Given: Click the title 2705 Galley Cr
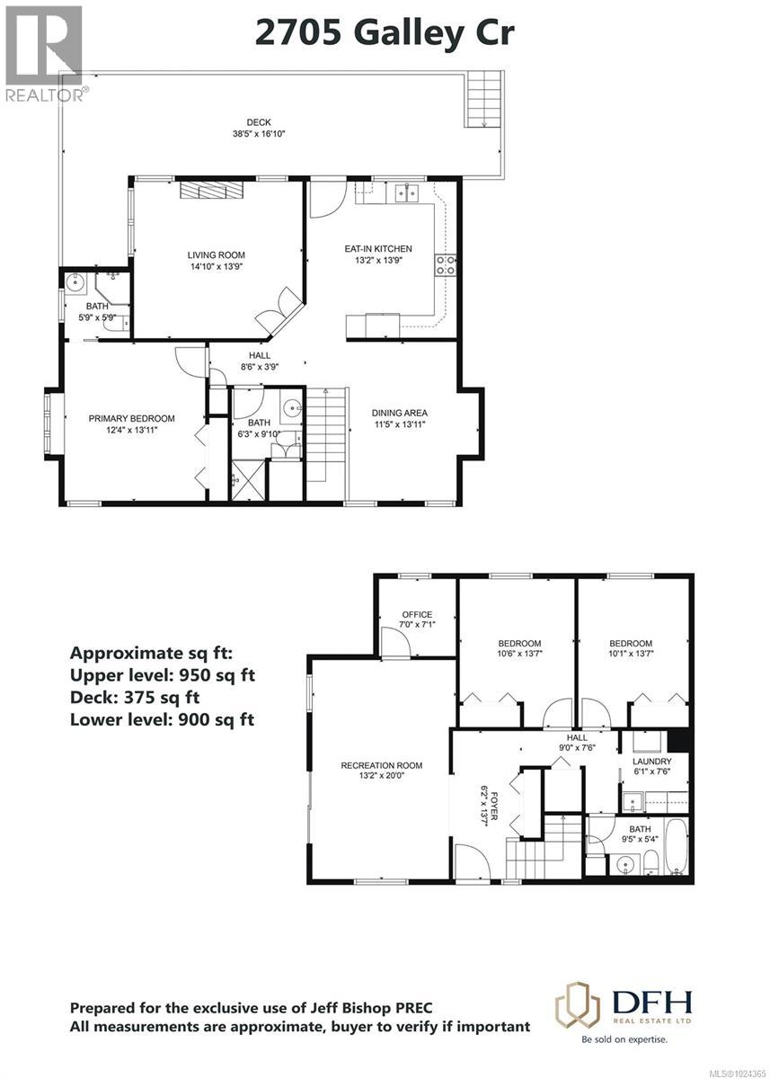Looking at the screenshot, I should tap(385, 32).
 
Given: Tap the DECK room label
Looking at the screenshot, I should tap(259, 123).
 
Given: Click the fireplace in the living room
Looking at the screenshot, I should tap(210, 190).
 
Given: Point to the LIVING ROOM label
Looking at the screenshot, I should tap(216, 255).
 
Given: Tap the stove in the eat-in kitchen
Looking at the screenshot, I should tap(446, 264).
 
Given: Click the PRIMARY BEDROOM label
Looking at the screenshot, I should tap(131, 418).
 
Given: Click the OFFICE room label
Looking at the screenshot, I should tap(417, 615).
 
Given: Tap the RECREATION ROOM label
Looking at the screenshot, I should tap(381, 766).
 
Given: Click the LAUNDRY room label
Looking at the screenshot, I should tap(651, 761).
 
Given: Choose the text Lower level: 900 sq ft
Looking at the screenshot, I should tap(162, 718).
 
